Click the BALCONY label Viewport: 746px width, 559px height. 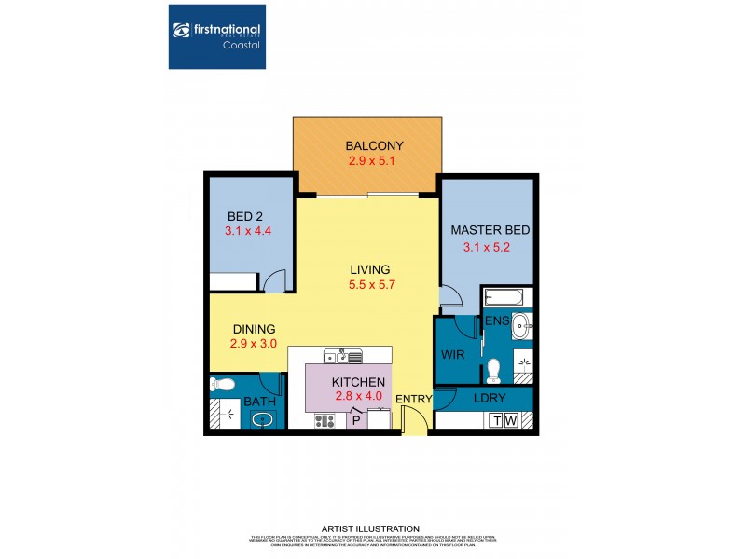click(x=374, y=145)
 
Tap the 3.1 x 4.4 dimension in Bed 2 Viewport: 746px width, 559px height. click(x=247, y=230)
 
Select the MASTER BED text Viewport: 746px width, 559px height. click(x=486, y=230)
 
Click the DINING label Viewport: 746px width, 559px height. click(x=253, y=329)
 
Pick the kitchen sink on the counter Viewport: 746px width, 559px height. click(x=344, y=354)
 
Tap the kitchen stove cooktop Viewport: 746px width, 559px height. click(x=325, y=420)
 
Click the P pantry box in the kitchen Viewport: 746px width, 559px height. click(x=355, y=421)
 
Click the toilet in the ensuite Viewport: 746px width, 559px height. click(x=494, y=370)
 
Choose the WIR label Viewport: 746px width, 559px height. click(x=453, y=354)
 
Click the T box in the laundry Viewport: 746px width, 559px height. click(x=494, y=420)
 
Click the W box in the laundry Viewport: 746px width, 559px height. click(x=510, y=420)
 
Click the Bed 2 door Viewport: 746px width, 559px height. click(x=272, y=280)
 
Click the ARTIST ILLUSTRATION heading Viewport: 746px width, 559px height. click(x=370, y=528)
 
